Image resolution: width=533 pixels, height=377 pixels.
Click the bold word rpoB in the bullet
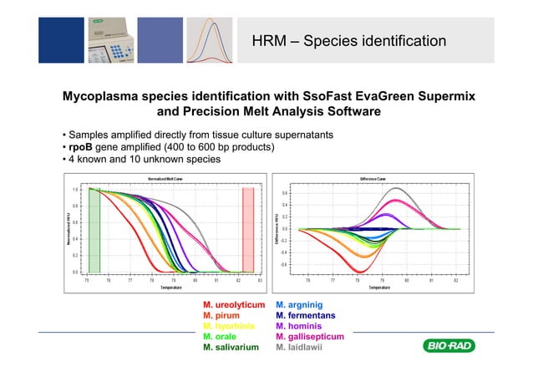(82, 148)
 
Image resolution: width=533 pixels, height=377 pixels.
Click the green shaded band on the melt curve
(94, 230)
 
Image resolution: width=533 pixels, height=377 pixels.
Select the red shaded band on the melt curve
(247, 230)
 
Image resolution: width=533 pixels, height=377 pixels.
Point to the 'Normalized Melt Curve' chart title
(167, 179)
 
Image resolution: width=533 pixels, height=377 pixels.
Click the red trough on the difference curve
(361, 270)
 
